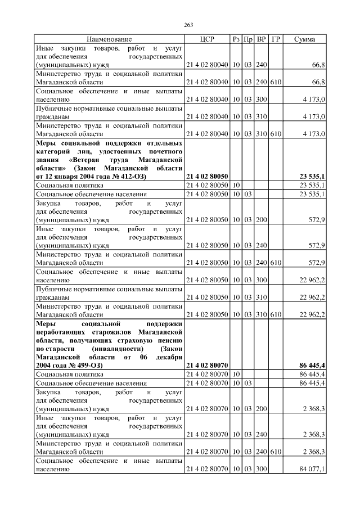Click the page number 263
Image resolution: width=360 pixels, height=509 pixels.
(x=188, y=24)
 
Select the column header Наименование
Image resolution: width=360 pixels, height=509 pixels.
(x=109, y=39)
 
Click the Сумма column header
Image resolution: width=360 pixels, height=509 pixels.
(x=304, y=39)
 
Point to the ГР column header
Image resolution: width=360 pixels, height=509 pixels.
(x=276, y=39)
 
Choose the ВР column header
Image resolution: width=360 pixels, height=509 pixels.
(x=261, y=39)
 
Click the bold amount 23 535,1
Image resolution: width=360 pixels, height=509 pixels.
(x=313, y=176)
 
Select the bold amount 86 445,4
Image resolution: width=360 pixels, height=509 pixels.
(x=313, y=365)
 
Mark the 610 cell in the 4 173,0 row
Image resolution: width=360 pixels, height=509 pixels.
(x=276, y=134)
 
